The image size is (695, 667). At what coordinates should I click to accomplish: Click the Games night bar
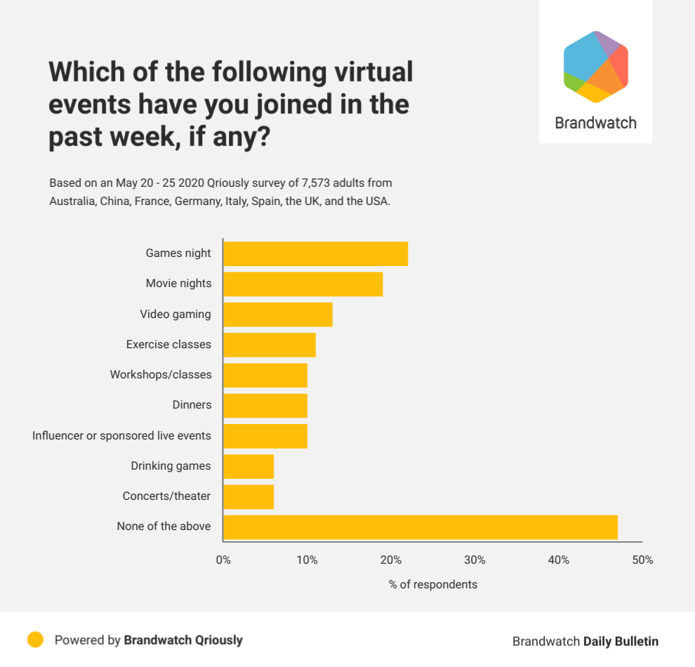click(315, 253)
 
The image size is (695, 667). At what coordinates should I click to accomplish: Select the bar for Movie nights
click(303, 284)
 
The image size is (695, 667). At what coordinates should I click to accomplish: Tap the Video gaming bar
click(277, 315)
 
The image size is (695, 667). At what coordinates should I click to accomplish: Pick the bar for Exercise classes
click(269, 345)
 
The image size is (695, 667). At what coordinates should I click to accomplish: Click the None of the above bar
click(420, 527)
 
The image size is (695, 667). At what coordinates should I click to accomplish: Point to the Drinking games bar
click(249, 466)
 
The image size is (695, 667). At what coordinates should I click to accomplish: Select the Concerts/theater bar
click(249, 496)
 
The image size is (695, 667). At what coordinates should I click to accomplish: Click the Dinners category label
click(192, 405)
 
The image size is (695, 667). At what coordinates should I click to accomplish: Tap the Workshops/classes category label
click(160, 375)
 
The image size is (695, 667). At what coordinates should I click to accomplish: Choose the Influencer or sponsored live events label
click(121, 436)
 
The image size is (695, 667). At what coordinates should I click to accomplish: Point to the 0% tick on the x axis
click(223, 560)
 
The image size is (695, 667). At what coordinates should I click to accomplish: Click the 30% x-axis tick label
click(475, 560)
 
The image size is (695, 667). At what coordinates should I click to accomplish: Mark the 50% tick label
click(642, 560)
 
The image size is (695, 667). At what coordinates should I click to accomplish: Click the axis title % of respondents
click(432, 584)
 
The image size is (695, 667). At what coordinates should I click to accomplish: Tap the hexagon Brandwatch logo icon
click(595, 67)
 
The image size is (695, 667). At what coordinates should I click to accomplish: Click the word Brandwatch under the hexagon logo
click(595, 123)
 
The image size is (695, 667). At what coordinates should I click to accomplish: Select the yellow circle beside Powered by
click(35, 640)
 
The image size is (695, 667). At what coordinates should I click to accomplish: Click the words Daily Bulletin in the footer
click(621, 641)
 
